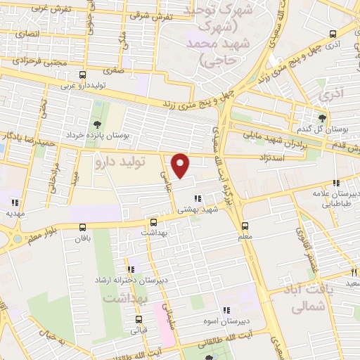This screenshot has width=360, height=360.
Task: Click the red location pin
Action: pos(181,165)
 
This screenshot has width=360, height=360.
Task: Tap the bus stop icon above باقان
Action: pos(83,227)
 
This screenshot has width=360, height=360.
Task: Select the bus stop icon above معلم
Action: pos(245,226)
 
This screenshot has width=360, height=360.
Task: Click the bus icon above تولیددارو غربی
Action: pos(83,75)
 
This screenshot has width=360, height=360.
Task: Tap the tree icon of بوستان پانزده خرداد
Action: pos(96,124)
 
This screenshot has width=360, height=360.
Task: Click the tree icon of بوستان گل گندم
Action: pos(322,117)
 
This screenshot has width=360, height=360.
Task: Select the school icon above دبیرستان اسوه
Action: pos(226,310)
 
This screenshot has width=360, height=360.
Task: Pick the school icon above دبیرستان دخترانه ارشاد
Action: pos(131,269)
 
